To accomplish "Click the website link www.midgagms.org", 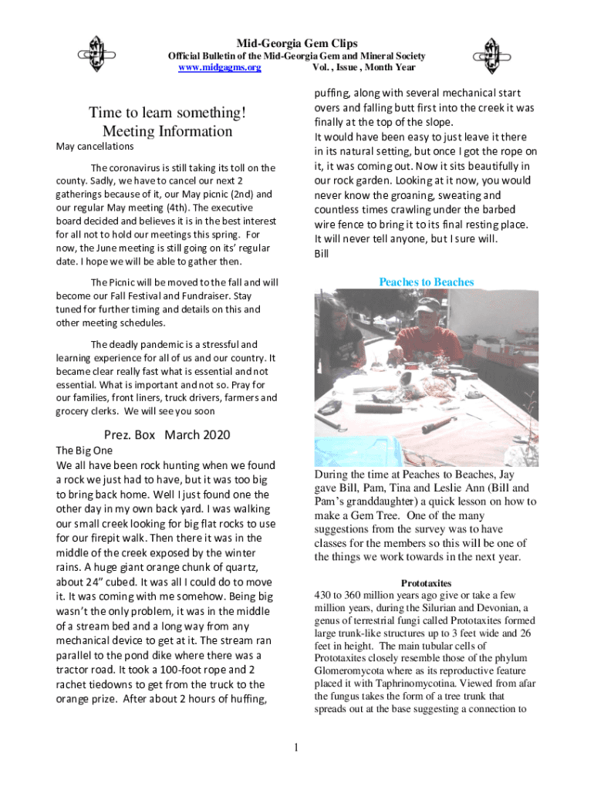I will (220, 68).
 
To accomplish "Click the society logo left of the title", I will (97, 53).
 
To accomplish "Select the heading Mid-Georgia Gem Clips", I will (296, 43).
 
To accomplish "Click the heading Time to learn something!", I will (167, 113).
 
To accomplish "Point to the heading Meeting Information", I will (167, 131).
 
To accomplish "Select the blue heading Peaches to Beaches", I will (426, 282).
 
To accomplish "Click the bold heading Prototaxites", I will (426, 583).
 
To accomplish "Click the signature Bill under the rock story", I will (322, 253).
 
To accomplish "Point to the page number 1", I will (296, 747).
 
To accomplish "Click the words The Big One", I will (85, 450).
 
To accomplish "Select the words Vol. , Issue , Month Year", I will (363, 68).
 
